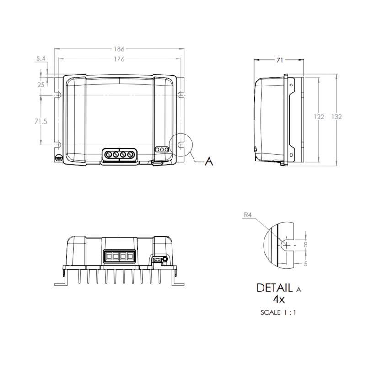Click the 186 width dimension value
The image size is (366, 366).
pyautogui.click(x=119, y=49)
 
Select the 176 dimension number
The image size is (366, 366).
pyautogui.click(x=119, y=59)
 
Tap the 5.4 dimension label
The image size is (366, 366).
pyautogui.click(x=41, y=59)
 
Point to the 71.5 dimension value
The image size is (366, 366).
pyautogui.click(x=41, y=121)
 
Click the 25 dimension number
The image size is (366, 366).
pyautogui.click(x=41, y=85)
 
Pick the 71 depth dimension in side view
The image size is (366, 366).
pyautogui.click(x=280, y=60)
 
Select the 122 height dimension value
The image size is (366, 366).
pyautogui.click(x=319, y=117)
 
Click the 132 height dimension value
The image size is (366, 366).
pyautogui.click(x=337, y=117)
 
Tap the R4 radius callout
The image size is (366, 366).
pyautogui.click(x=248, y=215)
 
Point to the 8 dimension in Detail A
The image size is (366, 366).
pyautogui.click(x=305, y=245)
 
